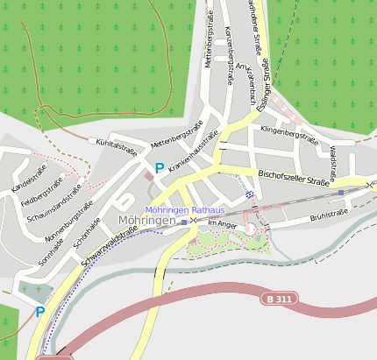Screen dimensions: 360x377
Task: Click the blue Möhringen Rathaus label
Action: [184, 210]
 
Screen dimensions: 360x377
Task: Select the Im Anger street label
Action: [222, 224]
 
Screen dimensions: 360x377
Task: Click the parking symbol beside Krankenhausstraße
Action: [159, 167]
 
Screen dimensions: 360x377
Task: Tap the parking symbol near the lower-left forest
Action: [40, 312]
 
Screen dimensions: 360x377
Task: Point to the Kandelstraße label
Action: [30, 181]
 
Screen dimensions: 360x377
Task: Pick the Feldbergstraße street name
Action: [40, 194]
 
